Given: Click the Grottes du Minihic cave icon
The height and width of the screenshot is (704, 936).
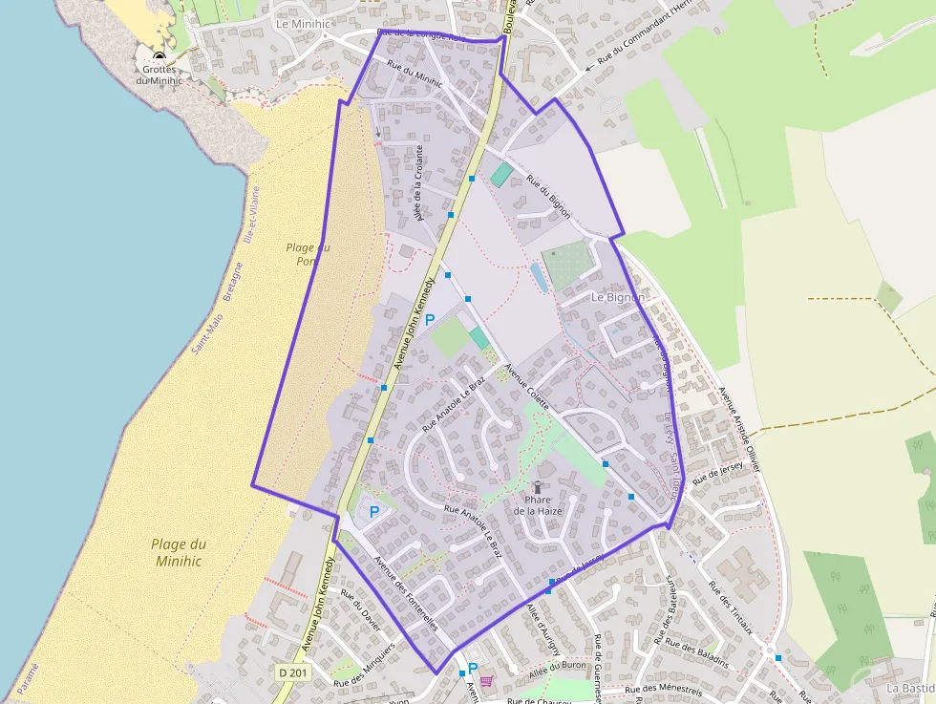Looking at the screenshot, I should pyautogui.click(x=159, y=57).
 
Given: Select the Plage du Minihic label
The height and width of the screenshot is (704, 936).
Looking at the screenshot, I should pyautogui.click(x=179, y=552).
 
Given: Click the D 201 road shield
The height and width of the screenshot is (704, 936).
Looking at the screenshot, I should pyautogui.click(x=293, y=672).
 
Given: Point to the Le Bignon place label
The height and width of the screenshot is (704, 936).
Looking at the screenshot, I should pyautogui.click(x=618, y=297).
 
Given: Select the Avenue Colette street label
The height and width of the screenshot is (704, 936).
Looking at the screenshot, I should pyautogui.click(x=527, y=387).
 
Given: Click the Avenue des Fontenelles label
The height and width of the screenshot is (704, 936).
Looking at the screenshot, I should pyautogui.click(x=406, y=592).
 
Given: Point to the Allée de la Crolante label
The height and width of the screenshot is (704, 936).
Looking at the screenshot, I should pyautogui.click(x=418, y=183).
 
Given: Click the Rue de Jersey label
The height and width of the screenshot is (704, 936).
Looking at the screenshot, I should pyautogui.click(x=717, y=471).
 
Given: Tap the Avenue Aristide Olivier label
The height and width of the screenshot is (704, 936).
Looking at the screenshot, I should pyautogui.click(x=740, y=430).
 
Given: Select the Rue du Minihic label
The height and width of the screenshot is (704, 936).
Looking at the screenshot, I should pyautogui.click(x=415, y=75).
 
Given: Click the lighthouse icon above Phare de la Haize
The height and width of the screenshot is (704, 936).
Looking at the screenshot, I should pyautogui.click(x=538, y=487).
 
